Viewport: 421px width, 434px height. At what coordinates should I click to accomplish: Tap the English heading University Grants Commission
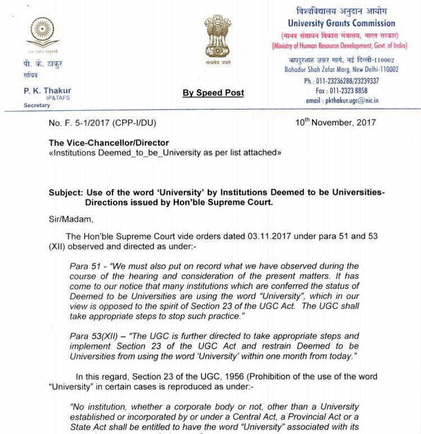341,24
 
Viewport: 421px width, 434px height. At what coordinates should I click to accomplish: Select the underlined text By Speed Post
213,93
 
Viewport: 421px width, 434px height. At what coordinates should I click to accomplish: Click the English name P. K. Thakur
47,91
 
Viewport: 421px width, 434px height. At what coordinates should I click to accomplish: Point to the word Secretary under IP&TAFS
37,105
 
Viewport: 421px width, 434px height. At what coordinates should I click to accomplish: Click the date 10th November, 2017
336,122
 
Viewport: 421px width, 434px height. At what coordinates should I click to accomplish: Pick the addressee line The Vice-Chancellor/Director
108,143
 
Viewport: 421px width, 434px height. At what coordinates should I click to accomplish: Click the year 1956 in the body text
177,376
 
